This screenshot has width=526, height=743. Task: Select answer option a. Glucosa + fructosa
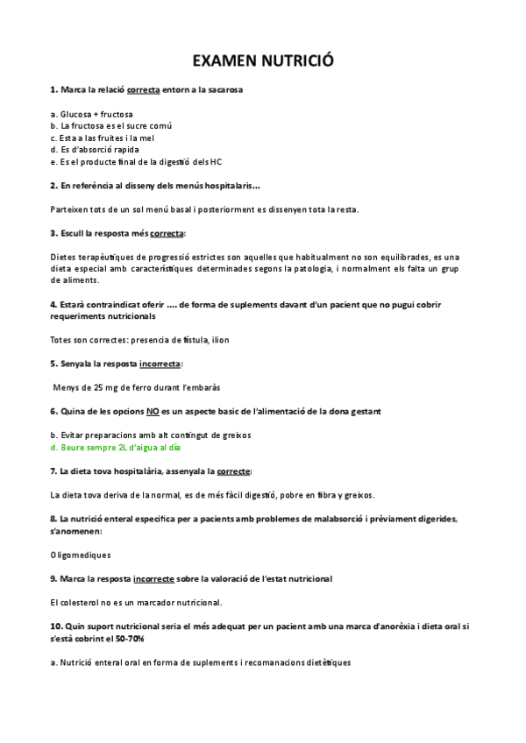point(92,114)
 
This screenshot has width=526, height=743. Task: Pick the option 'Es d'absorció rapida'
point(95,150)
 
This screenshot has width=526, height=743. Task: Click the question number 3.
point(54,233)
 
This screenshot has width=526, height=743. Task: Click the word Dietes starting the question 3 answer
point(65,257)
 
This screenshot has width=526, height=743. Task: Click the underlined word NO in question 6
point(153,411)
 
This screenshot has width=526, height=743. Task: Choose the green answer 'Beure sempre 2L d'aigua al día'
point(116,447)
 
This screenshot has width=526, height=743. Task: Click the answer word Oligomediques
point(81,554)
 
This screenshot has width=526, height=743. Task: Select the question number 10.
point(57,626)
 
